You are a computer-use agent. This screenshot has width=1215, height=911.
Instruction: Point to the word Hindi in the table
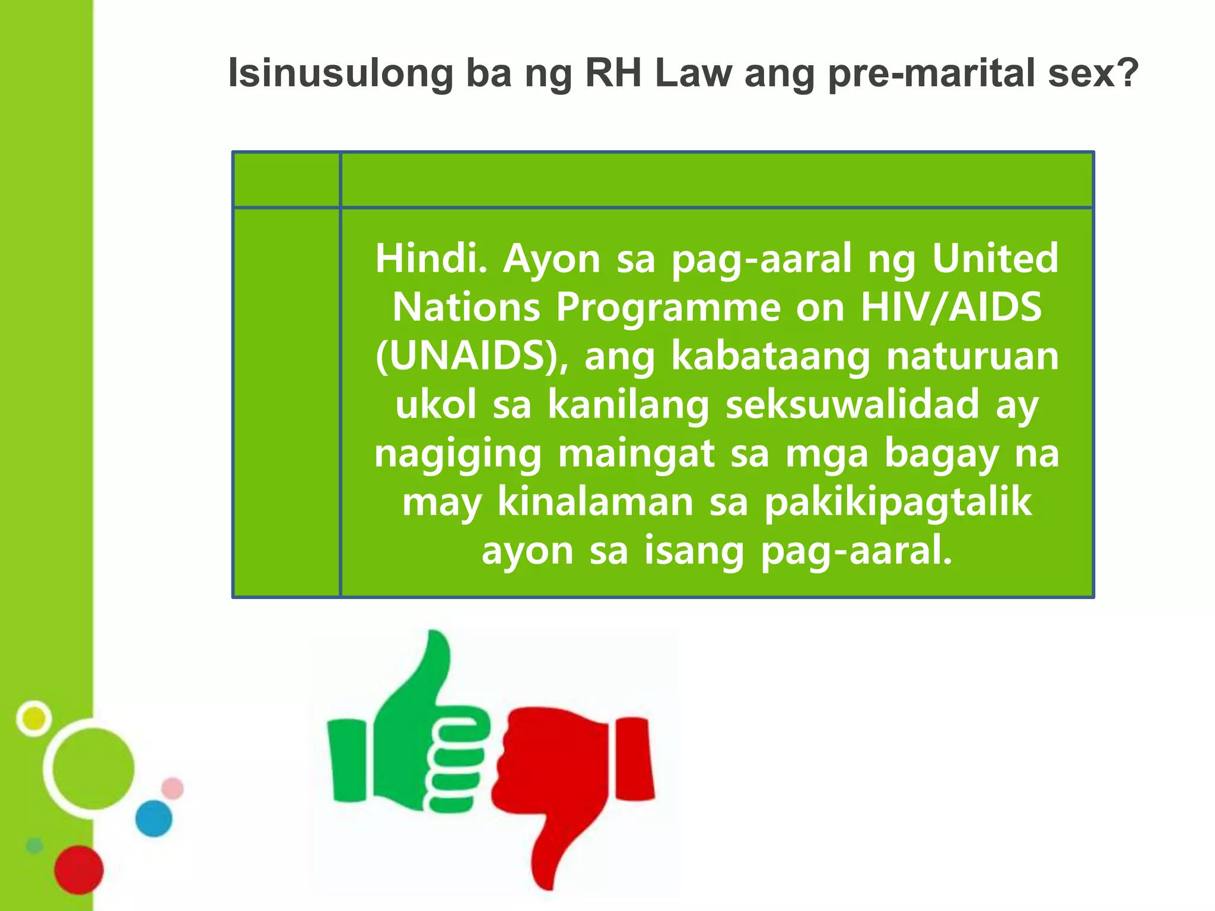coord(430,259)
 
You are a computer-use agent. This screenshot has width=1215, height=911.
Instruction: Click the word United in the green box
coord(995,259)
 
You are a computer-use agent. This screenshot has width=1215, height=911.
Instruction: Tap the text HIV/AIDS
coord(951,307)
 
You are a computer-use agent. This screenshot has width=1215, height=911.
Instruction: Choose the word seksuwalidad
coord(853,405)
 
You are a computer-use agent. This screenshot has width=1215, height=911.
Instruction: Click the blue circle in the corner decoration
coord(154,818)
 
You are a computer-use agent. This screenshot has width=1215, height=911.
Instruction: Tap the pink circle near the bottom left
coord(173,788)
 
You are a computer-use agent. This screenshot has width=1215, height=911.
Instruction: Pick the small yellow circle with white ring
coord(34,718)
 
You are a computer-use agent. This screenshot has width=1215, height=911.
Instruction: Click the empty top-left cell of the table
coord(287,179)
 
